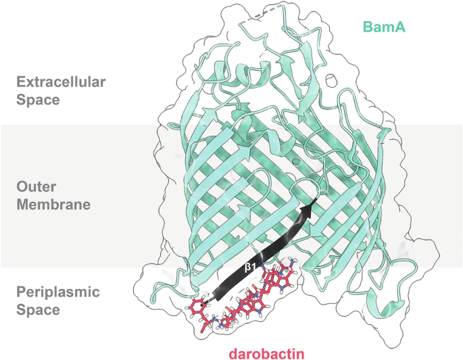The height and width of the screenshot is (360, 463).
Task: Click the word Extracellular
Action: click(x=62, y=83)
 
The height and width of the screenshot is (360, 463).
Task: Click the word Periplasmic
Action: click(x=57, y=293)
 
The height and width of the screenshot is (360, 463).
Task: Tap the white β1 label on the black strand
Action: click(x=249, y=267)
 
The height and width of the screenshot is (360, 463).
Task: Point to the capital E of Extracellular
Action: click(x=21, y=83)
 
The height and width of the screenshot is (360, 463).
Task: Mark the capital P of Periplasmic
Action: click(x=21, y=293)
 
